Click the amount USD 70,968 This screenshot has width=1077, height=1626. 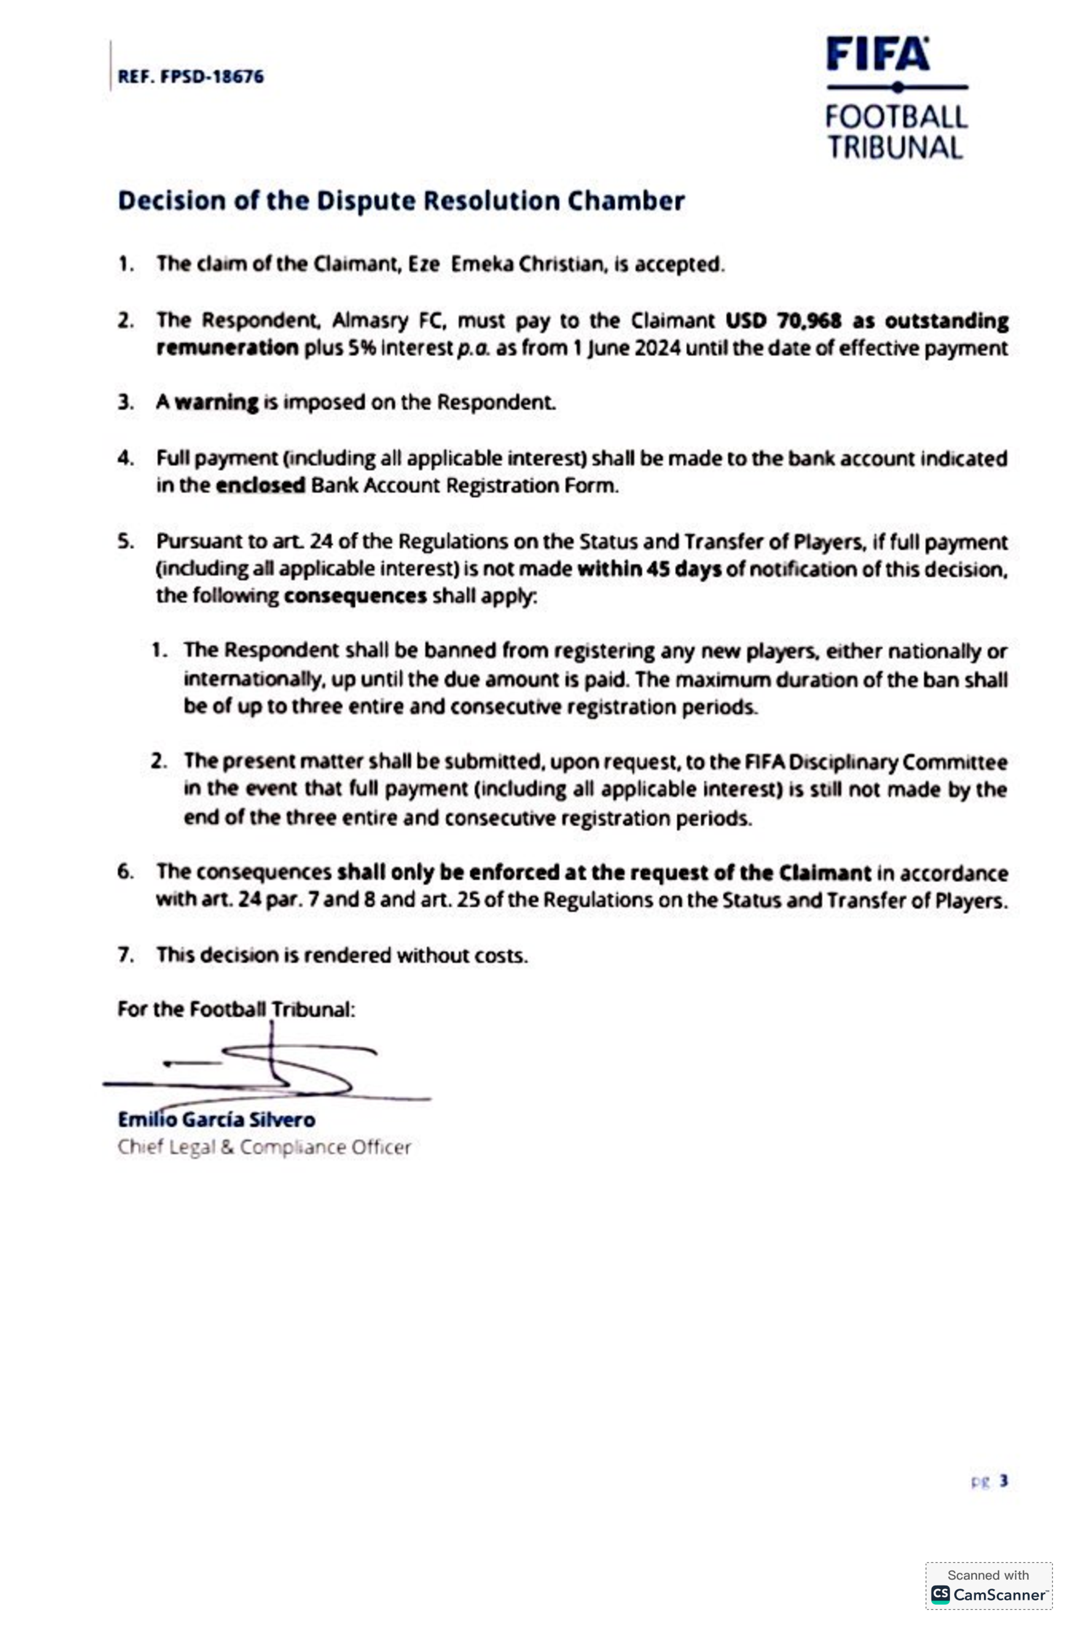tap(783, 321)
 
